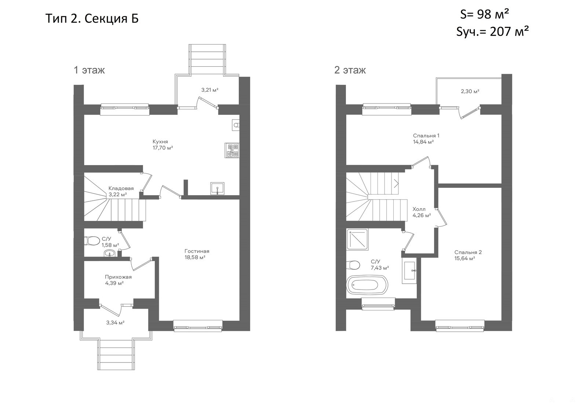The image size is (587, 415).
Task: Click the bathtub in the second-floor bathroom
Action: (x=367, y=285)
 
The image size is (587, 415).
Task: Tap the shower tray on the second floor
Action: (x=357, y=239)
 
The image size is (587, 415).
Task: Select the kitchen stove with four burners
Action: (x=232, y=150)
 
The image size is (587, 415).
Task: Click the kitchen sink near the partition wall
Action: (x=217, y=189)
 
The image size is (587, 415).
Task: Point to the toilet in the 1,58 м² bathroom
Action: (x=92, y=241)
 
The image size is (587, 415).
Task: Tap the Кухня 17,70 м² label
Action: (x=163, y=145)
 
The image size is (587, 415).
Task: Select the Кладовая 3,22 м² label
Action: (x=121, y=192)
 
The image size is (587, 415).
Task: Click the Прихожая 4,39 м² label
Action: (x=118, y=280)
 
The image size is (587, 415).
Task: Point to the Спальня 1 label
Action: (x=426, y=135)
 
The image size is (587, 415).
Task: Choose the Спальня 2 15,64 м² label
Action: (x=468, y=255)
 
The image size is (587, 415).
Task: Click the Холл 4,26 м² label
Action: (x=422, y=212)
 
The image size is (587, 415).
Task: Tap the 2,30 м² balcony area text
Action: (x=470, y=91)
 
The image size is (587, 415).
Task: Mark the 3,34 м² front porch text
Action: (x=115, y=323)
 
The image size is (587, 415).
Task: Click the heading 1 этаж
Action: (x=90, y=70)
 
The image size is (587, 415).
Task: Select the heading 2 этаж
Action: (x=350, y=70)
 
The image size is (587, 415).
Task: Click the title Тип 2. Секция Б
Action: (x=92, y=18)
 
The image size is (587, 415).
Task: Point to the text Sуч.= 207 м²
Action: (x=492, y=32)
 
